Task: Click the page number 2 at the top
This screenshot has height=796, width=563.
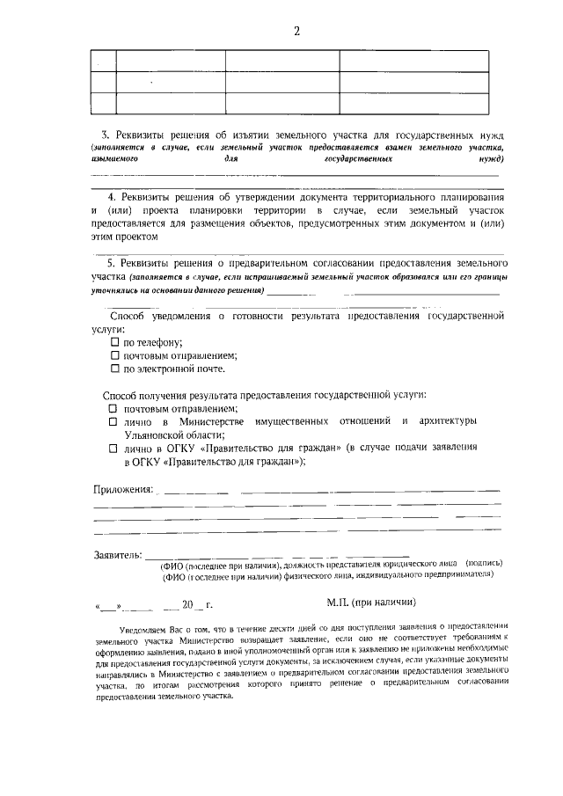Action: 297,32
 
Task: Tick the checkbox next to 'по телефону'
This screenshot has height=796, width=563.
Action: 113,341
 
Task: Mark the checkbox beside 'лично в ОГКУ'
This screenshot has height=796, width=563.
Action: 113,448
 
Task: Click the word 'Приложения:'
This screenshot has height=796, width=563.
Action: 123,489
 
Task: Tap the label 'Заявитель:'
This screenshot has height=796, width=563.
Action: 117,555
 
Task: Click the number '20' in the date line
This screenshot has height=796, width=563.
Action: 186,605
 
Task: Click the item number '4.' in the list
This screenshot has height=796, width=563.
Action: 112,199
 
